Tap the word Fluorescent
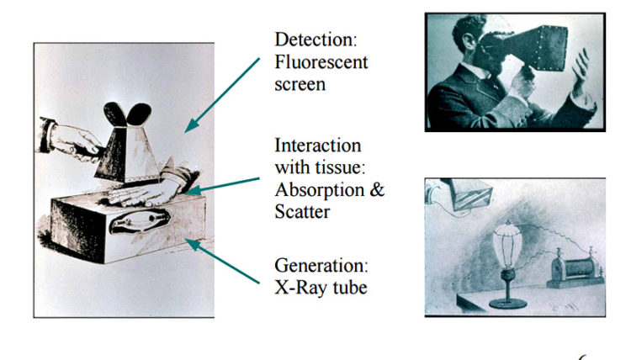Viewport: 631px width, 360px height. (x=321, y=62)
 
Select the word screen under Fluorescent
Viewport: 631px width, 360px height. (x=300, y=85)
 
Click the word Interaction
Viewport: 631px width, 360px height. (x=317, y=146)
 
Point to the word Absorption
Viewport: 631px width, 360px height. (x=320, y=190)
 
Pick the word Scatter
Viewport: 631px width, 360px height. (x=302, y=212)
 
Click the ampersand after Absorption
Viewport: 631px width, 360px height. (x=377, y=189)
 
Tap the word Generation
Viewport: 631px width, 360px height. (x=321, y=266)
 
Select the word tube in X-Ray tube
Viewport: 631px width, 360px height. (x=350, y=288)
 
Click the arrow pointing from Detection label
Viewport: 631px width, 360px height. (x=222, y=95)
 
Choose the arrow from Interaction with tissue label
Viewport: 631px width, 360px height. (x=223, y=186)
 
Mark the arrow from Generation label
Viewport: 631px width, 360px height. (x=223, y=261)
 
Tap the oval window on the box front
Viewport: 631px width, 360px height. (x=139, y=221)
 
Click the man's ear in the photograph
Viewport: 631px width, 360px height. (x=468, y=41)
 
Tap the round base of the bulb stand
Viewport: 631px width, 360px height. (x=507, y=304)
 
